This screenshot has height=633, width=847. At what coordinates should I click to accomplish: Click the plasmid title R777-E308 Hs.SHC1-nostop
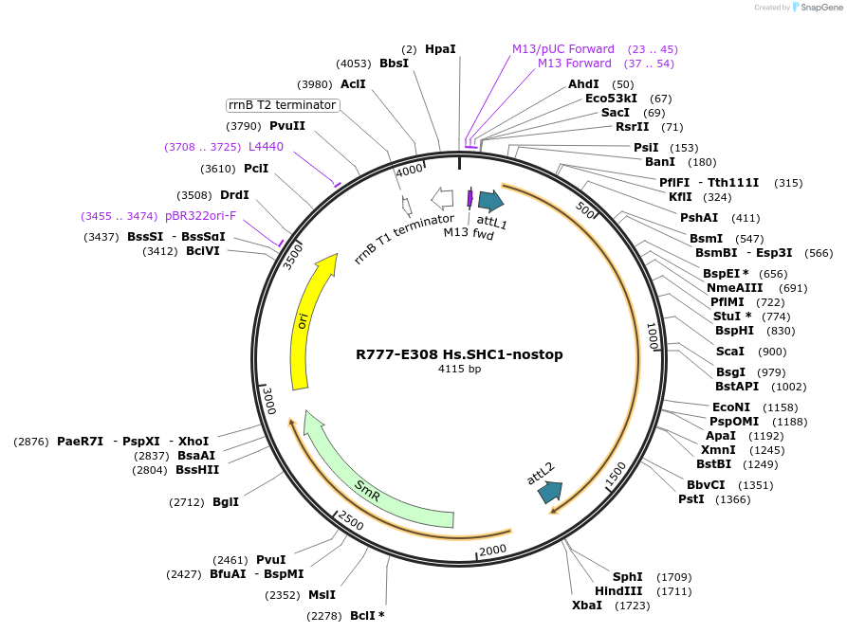(x=459, y=354)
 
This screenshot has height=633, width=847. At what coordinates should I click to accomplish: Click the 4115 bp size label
(x=459, y=369)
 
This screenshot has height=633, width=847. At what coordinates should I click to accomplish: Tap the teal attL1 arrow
(x=490, y=200)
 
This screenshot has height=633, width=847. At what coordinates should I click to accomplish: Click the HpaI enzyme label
(x=440, y=48)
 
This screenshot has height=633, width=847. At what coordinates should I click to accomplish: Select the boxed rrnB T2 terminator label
(x=283, y=104)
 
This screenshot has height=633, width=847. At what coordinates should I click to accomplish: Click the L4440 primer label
(x=266, y=147)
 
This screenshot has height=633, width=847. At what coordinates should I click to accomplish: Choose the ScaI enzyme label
(x=730, y=352)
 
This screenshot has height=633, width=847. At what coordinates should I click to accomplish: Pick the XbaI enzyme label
(x=586, y=605)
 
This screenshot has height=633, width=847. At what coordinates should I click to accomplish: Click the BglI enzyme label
(x=226, y=501)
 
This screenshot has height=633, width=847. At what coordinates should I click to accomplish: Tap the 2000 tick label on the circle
(x=492, y=551)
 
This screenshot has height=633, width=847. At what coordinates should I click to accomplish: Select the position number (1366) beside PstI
(x=732, y=499)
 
